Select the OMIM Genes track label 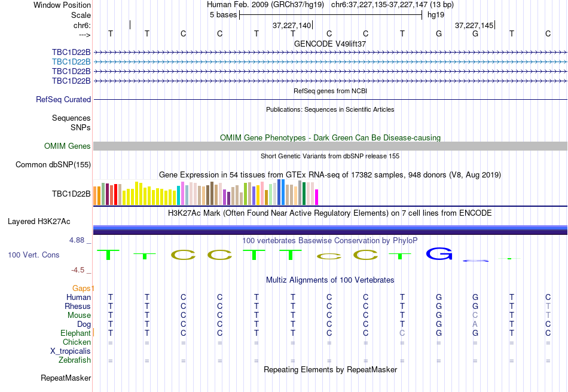pyautogui.click(x=68, y=146)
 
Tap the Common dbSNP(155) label pyautogui.click(x=53, y=165)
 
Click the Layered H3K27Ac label pyautogui.click(x=39, y=222)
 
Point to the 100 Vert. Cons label pyautogui.click(x=33, y=255)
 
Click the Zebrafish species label pyautogui.click(x=75, y=360)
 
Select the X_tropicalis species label pyautogui.click(x=71, y=351)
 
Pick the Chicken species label pyautogui.click(x=77, y=342)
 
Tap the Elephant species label pyautogui.click(x=75, y=333)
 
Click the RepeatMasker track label pyautogui.click(x=66, y=378)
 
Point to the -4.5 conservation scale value pyautogui.click(x=78, y=270)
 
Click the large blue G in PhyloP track pyautogui.click(x=439, y=254)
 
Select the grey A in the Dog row pyautogui.click(x=475, y=324)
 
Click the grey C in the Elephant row pyautogui.click(x=402, y=333)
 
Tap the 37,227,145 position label pyautogui.click(x=474, y=26)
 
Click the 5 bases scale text pyautogui.click(x=223, y=14)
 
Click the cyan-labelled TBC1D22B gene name pyautogui.click(x=71, y=62)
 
